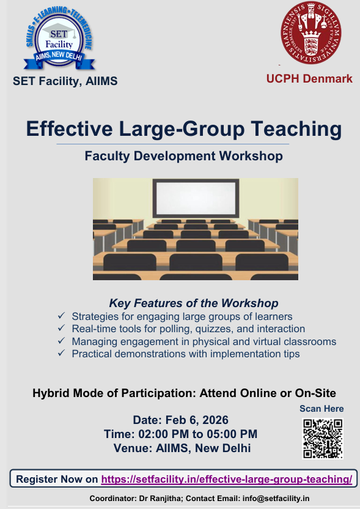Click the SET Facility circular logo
point(59,38)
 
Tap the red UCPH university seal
point(310,32)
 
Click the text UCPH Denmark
point(309,79)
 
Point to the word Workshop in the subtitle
point(251,156)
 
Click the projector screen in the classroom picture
point(196,199)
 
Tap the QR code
point(323,439)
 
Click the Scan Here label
point(321,409)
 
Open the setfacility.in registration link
point(226,479)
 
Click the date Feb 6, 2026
point(197,420)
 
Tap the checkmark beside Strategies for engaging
point(61,316)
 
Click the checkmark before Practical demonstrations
point(61,353)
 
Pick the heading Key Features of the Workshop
point(194,303)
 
